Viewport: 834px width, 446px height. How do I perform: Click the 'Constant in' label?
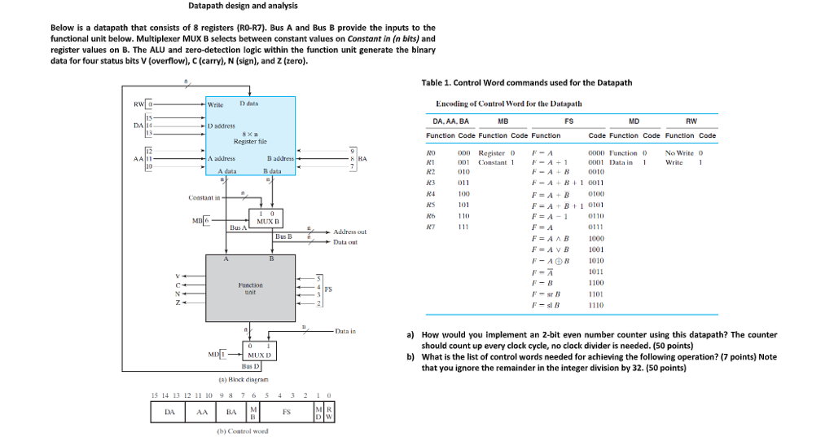point(204,197)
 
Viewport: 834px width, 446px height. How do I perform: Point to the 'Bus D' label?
point(251,369)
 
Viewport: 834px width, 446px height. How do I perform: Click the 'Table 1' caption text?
point(526,82)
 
